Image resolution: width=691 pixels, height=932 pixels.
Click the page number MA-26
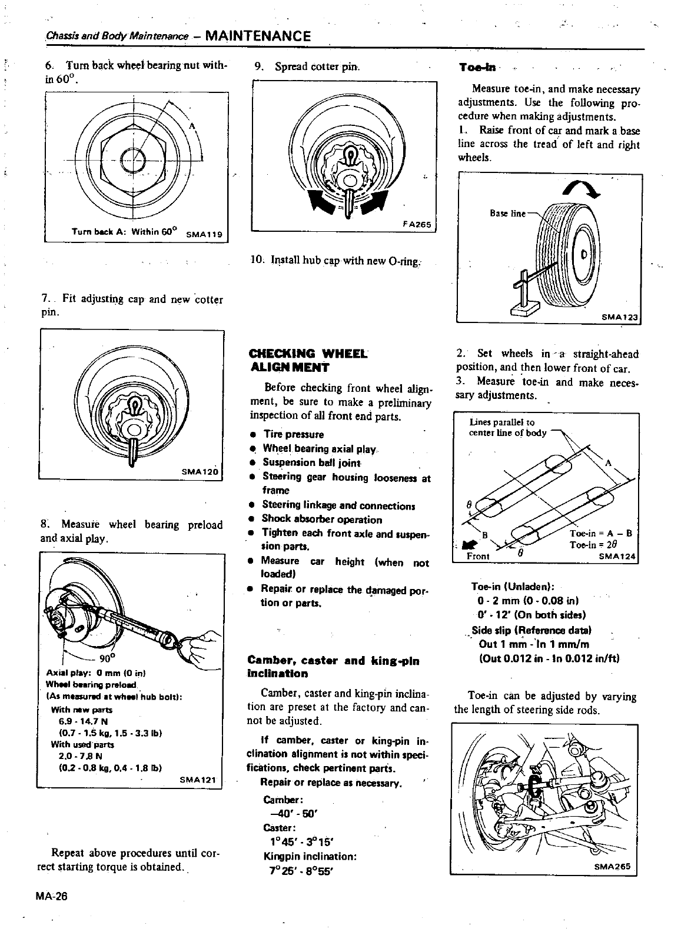[53, 897]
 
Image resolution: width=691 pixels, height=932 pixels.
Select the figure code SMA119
[203, 234]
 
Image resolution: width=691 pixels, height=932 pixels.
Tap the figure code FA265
[417, 224]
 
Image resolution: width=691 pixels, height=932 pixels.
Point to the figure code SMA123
[620, 317]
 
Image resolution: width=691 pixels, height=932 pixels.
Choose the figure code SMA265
[612, 867]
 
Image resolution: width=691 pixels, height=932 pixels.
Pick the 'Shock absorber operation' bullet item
[321, 520]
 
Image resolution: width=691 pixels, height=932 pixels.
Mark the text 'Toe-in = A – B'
[600, 534]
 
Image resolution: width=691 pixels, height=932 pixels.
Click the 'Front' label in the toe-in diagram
[478, 556]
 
